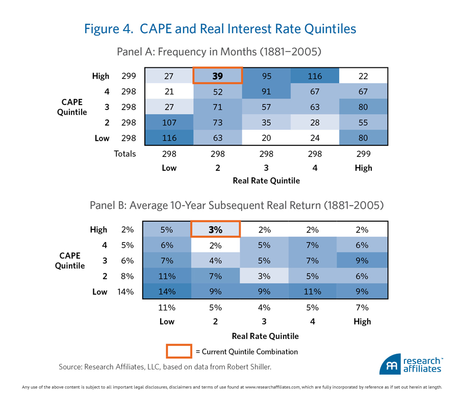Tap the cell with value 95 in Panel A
click(265, 76)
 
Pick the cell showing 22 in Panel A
click(364, 76)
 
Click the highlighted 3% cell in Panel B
click(216, 229)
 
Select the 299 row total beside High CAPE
click(129, 76)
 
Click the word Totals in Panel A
click(125, 153)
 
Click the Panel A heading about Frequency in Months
click(219, 51)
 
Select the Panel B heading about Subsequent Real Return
click(237, 205)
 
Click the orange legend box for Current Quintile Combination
click(178, 351)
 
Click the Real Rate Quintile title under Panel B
click(265, 336)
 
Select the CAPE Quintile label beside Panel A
click(72, 107)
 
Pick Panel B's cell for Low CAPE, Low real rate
click(167, 292)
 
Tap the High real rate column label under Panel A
click(364, 168)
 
